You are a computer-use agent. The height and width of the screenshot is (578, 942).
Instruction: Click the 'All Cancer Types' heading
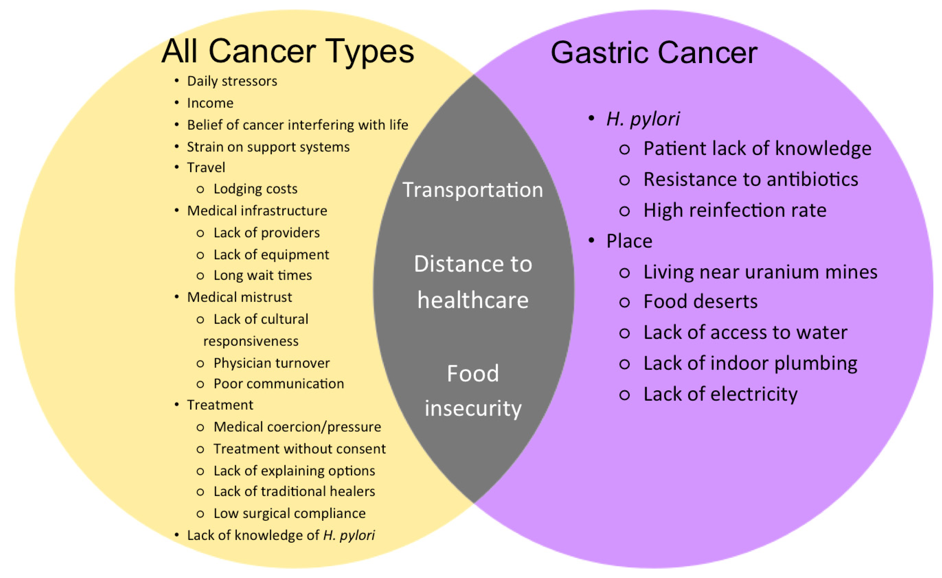point(288,52)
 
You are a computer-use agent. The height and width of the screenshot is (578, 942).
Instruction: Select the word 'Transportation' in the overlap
point(473,190)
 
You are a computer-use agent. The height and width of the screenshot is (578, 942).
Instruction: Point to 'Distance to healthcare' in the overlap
point(473,282)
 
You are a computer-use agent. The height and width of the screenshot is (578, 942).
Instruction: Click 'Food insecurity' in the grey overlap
point(473,391)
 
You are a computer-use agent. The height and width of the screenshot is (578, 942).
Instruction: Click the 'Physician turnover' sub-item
point(272,363)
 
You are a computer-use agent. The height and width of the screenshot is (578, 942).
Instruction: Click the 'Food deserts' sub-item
point(700,302)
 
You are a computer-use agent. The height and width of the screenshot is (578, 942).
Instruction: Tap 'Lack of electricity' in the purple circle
point(721,394)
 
